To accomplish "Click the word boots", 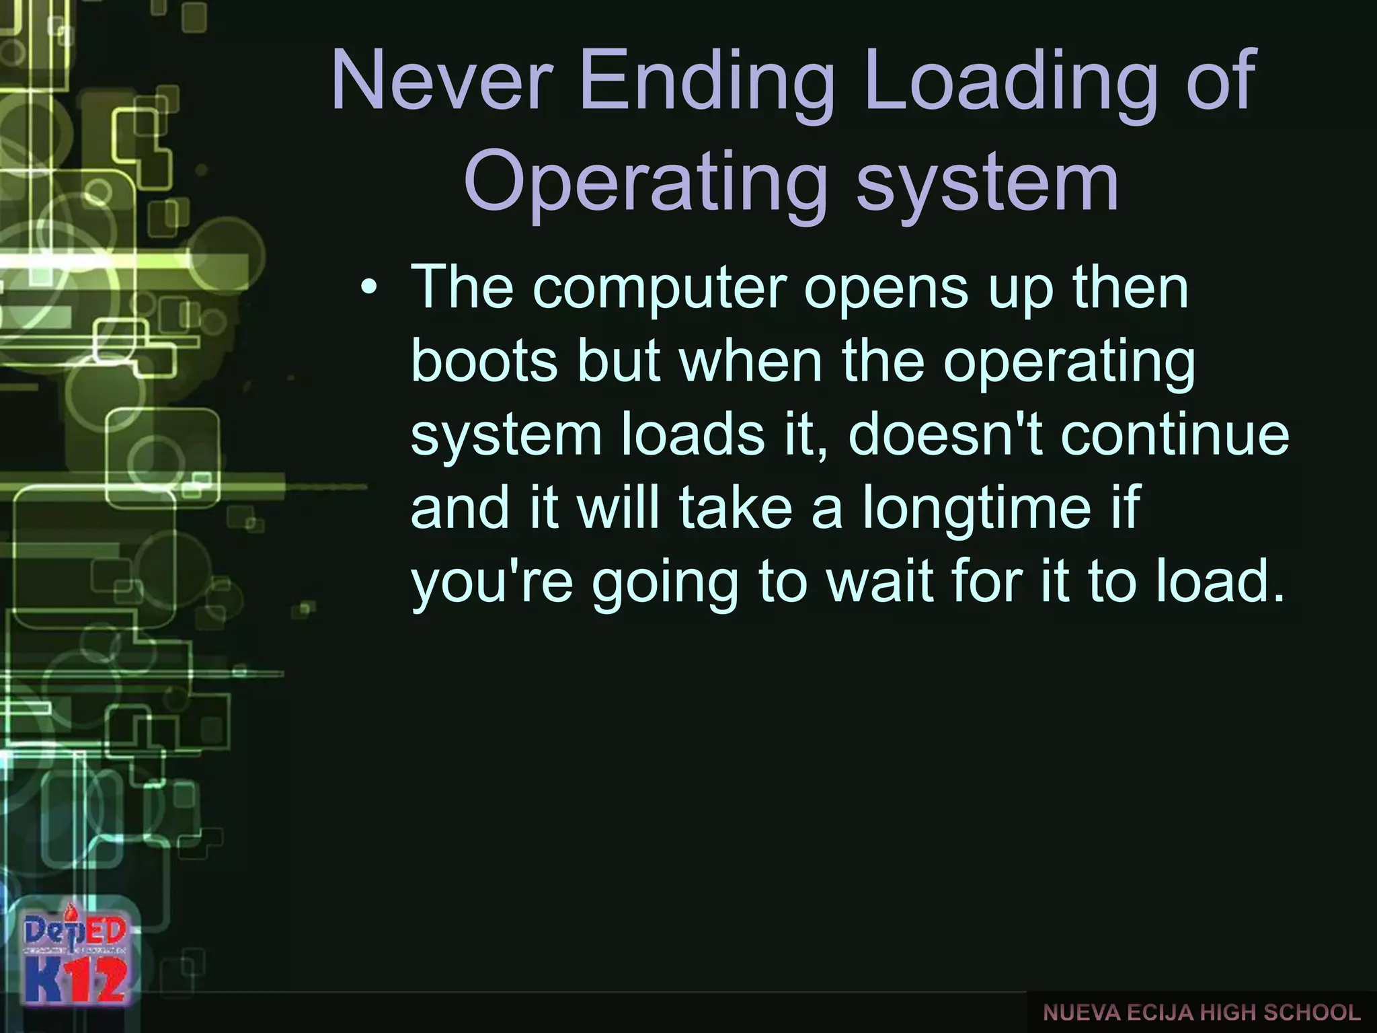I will (x=484, y=361).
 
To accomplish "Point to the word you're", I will (x=491, y=582).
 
